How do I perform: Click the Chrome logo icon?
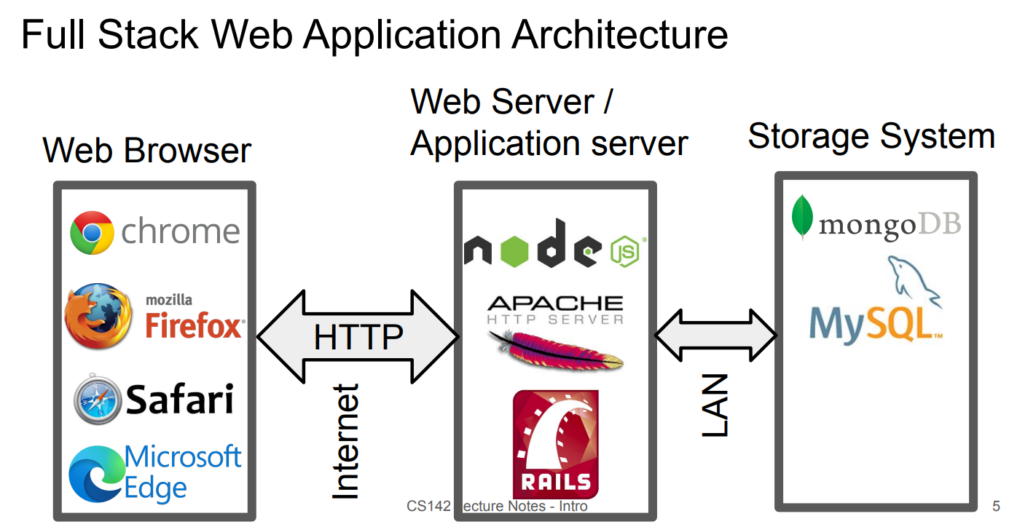coord(92,233)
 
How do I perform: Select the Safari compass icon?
coord(97,399)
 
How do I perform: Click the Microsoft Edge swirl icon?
coord(95,474)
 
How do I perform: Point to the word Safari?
coord(180,399)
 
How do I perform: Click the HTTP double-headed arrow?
coord(358,337)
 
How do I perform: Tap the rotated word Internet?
coord(346,442)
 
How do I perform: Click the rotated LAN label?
coord(715,405)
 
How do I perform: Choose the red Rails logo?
coord(556,444)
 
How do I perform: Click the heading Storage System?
coord(871,136)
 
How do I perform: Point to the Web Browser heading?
coord(147,151)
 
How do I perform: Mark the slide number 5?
coord(996,506)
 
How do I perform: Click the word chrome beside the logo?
coord(181,232)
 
